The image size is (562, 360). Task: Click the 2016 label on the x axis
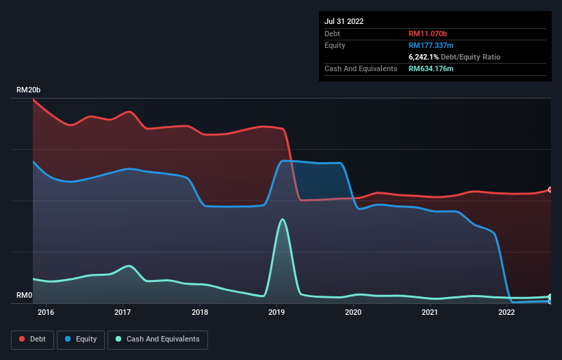point(46,312)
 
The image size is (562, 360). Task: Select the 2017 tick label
point(123,312)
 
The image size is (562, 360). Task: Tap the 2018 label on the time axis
point(200,312)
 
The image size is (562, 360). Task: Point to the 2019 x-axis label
point(277,312)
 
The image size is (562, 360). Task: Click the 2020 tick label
point(353,312)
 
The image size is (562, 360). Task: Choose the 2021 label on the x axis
point(430,312)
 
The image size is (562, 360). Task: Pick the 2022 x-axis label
point(507,312)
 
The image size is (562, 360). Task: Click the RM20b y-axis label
point(28,90)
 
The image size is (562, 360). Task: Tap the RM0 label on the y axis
point(25,295)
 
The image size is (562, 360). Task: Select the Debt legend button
point(33,339)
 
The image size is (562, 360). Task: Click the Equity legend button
point(81,339)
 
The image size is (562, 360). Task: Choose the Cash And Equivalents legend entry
point(157,339)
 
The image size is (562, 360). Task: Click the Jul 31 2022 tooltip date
point(344,21)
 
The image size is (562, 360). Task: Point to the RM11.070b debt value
point(428,34)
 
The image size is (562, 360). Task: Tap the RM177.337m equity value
point(431,45)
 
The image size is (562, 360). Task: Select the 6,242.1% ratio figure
point(424,57)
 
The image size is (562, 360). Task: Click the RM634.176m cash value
point(431,68)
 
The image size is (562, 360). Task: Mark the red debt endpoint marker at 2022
point(550,190)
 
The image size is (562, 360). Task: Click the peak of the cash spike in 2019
point(283,219)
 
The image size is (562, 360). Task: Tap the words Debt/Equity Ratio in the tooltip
point(470,57)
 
